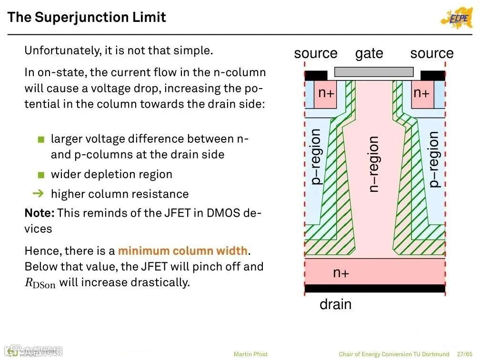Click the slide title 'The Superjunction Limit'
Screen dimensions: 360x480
(87, 18)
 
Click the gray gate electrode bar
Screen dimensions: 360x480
(374, 72)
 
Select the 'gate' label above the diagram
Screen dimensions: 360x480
(369, 53)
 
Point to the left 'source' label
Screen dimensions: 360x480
(316, 53)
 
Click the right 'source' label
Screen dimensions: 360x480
(432, 53)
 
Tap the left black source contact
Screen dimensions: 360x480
(316, 75)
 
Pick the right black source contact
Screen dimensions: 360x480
(432, 75)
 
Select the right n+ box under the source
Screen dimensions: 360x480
(422, 93)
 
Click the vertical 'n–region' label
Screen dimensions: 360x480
(374, 164)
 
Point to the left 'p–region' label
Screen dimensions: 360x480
(315, 157)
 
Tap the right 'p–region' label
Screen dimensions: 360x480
(433, 160)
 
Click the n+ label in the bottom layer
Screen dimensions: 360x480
(341, 273)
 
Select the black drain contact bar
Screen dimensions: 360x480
(375, 288)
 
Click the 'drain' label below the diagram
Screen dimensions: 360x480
(335, 304)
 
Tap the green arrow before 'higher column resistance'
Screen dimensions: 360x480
(40, 193)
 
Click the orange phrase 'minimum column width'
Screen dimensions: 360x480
(183, 250)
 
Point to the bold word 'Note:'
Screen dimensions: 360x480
(40, 213)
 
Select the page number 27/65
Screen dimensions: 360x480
(464, 354)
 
